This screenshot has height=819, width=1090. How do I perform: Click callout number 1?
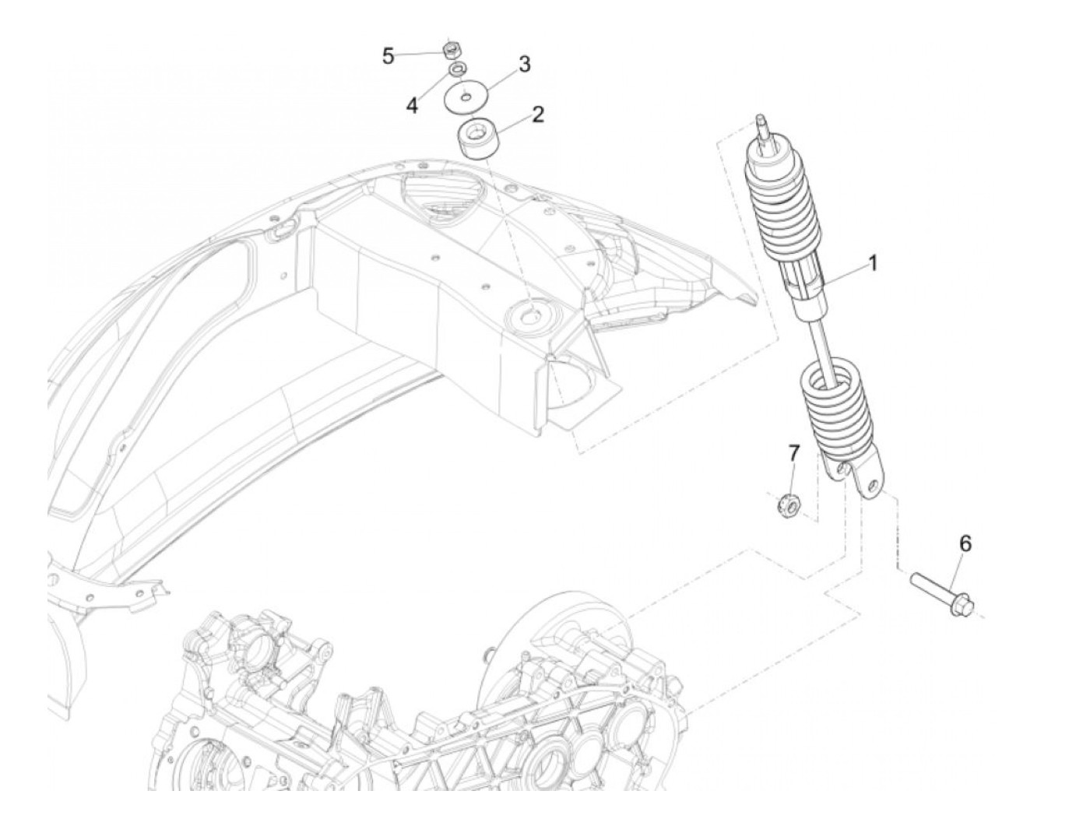pyautogui.click(x=873, y=263)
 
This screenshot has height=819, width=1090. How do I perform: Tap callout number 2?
pyautogui.click(x=537, y=115)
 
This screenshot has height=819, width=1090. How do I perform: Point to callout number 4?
pyautogui.click(x=412, y=105)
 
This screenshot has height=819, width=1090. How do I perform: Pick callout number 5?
pyautogui.click(x=388, y=56)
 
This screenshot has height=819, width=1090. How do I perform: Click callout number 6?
pyautogui.click(x=965, y=544)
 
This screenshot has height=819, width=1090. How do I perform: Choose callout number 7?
pyautogui.click(x=793, y=453)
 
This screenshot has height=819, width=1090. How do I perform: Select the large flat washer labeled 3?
pyautogui.click(x=466, y=98)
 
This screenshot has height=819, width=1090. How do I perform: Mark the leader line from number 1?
pyautogui.click(x=844, y=277)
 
